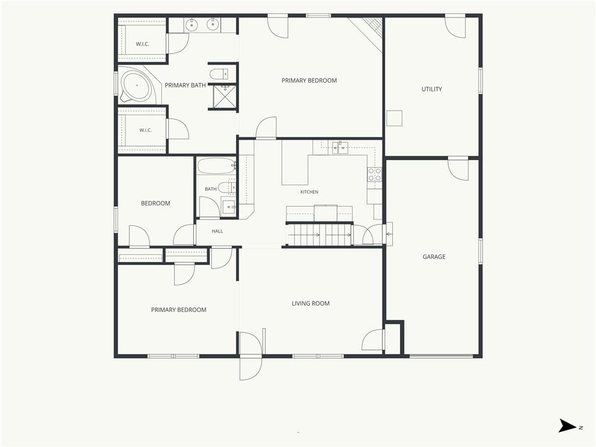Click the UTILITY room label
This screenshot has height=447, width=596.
point(431,89)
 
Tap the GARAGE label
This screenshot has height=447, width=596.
point(434,257)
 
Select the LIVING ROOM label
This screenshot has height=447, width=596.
point(311,304)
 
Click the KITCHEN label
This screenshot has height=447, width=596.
point(310,192)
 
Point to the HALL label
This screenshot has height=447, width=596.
point(218,231)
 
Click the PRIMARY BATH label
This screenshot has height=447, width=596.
point(185,86)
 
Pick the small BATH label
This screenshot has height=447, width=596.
point(211,189)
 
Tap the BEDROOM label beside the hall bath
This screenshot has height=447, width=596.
point(155,203)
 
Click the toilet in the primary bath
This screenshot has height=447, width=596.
point(219,74)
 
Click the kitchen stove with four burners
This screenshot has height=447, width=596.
point(374,175)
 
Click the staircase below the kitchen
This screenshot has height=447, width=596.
point(318,235)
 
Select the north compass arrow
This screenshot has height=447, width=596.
point(568,425)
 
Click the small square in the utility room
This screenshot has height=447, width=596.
point(394,118)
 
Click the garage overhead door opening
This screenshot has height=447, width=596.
point(441,356)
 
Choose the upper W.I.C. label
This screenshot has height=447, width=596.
point(143,44)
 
